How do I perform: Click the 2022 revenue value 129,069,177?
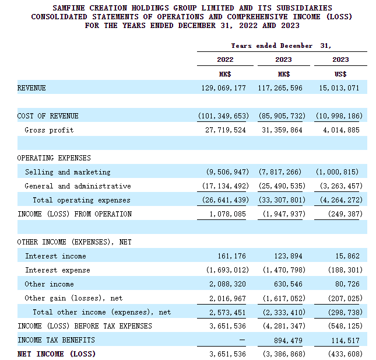[x=223, y=88]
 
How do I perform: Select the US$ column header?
[x=340, y=74]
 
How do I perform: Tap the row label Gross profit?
[x=49, y=130]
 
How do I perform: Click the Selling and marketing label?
[x=68, y=172]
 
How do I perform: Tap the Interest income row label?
[x=55, y=256]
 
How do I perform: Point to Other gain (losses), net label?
[x=73, y=298]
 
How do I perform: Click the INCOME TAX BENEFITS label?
[x=56, y=340]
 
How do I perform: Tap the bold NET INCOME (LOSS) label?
[x=57, y=354]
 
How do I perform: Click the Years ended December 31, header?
[x=282, y=46]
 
